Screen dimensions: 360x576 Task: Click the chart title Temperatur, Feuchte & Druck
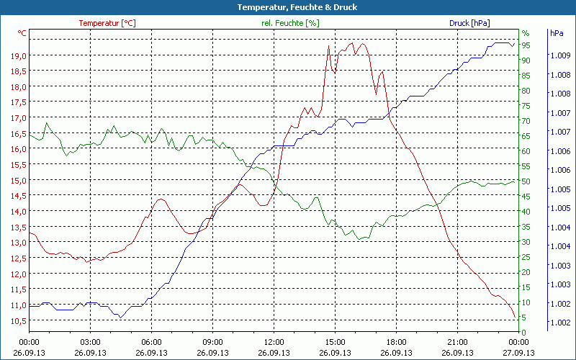(288, 7)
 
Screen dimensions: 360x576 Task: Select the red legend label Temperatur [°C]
(107, 23)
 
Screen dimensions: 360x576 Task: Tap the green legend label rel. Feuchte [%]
(290, 23)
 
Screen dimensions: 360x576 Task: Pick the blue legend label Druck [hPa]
(469, 23)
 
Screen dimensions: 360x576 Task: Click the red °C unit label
(22, 33)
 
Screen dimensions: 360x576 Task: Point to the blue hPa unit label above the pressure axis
(557, 33)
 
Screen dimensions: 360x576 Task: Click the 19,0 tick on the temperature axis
(19, 55)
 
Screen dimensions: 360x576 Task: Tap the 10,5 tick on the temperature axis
(19, 320)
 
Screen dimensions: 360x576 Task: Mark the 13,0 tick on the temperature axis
(19, 243)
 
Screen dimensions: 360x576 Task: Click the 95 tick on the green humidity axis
(526, 45)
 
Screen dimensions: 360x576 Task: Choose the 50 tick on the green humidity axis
(526, 181)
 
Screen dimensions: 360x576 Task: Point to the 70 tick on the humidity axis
(526, 121)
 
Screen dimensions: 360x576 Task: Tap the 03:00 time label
(90, 342)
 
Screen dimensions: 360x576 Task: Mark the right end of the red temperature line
(515, 318)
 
